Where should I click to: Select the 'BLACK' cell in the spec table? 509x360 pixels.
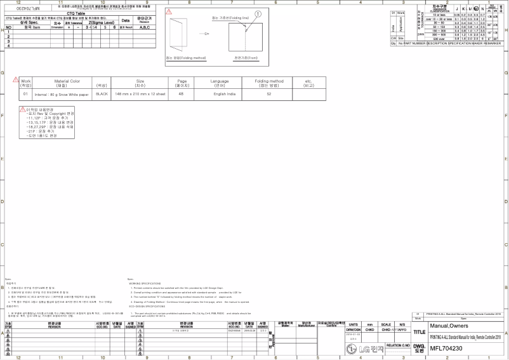[102, 93]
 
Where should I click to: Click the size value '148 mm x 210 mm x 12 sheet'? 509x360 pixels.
[140, 93]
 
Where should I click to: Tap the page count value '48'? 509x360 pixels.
[182, 93]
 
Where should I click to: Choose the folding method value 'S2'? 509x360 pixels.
[269, 93]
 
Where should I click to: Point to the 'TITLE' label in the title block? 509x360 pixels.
[420, 332]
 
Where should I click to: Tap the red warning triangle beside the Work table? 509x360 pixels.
[15, 79]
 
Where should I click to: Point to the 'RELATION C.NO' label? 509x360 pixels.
[398, 345]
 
